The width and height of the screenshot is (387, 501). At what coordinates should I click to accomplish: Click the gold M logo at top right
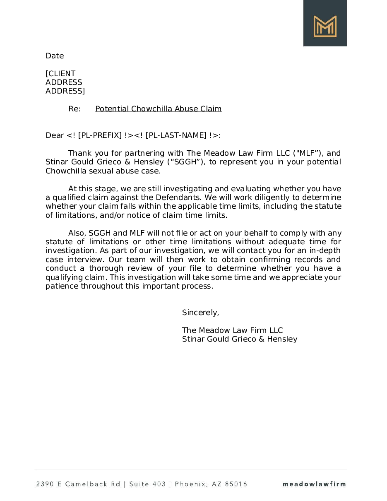pos(325,26)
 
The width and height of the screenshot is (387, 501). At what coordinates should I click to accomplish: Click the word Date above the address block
pos(55,56)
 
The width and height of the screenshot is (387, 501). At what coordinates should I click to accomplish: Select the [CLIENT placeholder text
pos(60,74)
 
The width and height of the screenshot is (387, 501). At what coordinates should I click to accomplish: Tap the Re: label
pos(75,109)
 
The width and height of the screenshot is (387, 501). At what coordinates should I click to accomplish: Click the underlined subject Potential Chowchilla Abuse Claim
pos(159,109)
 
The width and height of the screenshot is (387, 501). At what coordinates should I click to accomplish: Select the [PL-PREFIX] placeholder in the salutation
pos(100,135)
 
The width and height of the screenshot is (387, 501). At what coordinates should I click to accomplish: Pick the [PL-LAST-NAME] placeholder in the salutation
pos(175,135)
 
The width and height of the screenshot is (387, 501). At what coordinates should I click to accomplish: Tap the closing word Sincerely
pos(200,313)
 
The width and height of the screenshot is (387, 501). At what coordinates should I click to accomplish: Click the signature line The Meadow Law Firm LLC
pos(233,330)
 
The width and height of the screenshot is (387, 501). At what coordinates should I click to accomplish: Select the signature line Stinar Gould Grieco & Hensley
pos(240,339)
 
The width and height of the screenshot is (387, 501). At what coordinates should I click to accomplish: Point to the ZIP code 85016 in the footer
pos(236,484)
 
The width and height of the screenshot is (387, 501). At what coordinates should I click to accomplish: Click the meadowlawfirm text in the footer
pos(314,484)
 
